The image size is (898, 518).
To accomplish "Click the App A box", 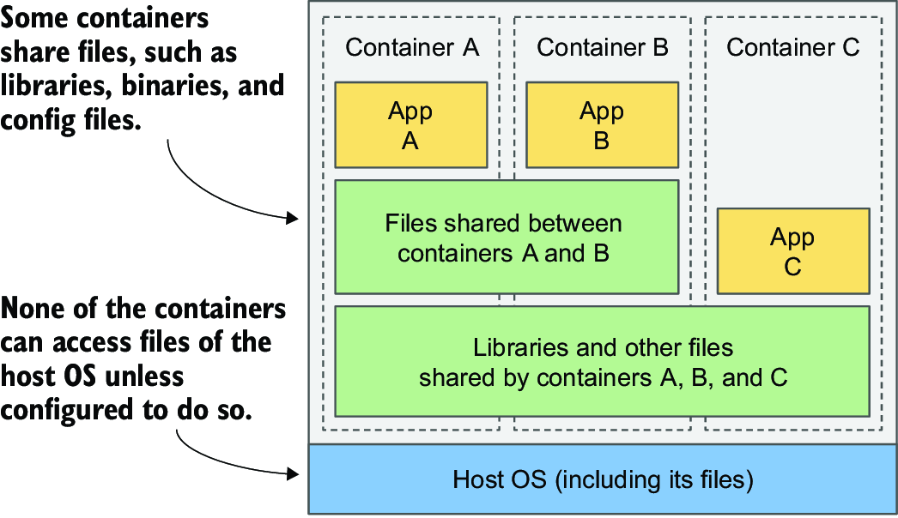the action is click(x=410, y=124).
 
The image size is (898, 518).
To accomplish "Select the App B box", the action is click(x=602, y=124).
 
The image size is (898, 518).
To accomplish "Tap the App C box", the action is click(x=793, y=251).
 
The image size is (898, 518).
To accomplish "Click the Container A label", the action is click(x=412, y=47).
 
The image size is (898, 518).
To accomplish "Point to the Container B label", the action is click(x=603, y=47).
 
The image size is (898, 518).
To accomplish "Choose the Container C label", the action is click(x=793, y=47).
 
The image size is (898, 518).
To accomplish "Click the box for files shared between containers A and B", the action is click(x=507, y=237).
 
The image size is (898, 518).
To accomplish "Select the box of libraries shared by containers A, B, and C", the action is click(x=602, y=362).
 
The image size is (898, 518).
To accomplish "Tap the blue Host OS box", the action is click(x=603, y=479).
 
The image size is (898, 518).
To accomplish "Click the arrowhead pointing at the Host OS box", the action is click(x=293, y=473).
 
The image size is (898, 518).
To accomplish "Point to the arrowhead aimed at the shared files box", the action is click(x=293, y=218).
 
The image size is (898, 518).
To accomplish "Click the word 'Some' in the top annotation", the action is click(x=34, y=18).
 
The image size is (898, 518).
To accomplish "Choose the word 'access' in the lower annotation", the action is click(x=94, y=343).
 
